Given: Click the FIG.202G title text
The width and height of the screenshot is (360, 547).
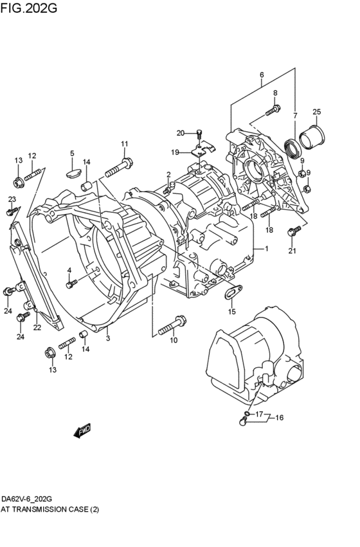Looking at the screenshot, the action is point(28,7).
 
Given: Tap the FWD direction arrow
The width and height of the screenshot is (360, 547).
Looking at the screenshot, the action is point(82,431).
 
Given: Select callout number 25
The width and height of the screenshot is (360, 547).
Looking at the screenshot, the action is point(316,112).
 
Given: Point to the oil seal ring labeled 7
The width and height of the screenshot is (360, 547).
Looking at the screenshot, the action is point(292,148).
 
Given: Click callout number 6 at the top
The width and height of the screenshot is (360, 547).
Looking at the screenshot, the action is point(262,75).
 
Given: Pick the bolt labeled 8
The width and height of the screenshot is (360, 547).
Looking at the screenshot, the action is point(272,111).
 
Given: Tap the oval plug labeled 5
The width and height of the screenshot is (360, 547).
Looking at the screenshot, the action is point(72,174).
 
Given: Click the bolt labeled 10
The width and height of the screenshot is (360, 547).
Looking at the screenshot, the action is point(172,325).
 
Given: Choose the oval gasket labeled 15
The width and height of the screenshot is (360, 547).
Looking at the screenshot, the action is point(233,292).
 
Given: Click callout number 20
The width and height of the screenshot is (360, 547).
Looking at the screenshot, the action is point(181,133).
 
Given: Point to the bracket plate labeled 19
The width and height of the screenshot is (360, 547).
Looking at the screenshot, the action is point(203,149).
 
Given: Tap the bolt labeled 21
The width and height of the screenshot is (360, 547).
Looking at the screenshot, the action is point(294,231).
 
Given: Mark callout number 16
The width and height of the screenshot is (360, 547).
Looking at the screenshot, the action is point(280,418).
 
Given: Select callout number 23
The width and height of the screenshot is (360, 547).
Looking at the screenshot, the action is point(12,199).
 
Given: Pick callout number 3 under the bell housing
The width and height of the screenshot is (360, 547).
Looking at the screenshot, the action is point(108,338).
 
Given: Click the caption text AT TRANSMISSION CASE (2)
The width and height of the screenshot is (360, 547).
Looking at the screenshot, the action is point(50,510).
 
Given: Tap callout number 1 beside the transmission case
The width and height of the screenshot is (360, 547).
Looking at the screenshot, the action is point(267,249).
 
